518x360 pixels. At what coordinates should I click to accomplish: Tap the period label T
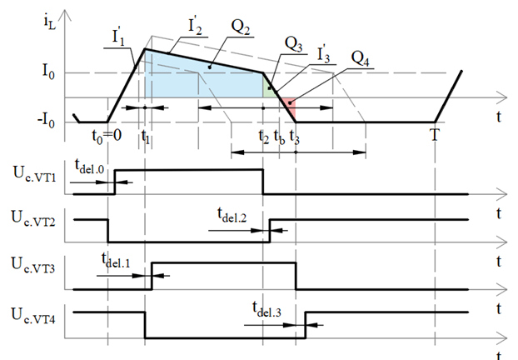[x=434, y=135]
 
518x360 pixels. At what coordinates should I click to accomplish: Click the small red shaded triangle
[x=287, y=105]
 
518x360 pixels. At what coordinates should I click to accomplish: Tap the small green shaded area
[x=267, y=87]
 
